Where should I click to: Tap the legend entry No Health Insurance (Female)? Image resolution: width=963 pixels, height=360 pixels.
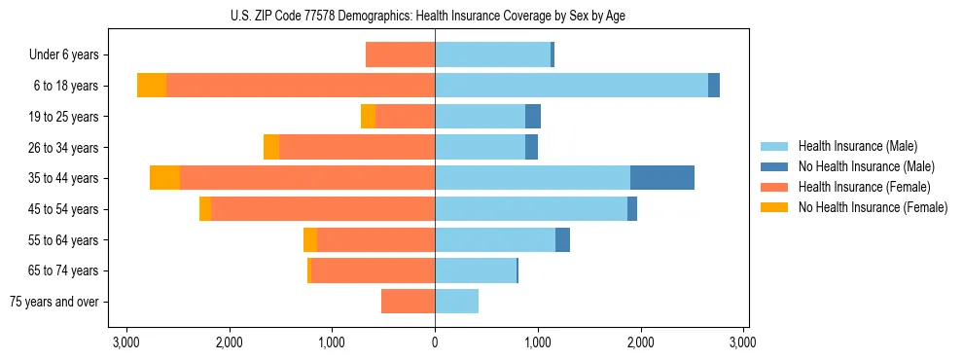coord(873,207)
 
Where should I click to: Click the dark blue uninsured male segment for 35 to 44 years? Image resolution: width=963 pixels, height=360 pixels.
coord(662,178)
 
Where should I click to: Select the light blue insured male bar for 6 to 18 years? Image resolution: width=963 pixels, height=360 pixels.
coord(571,86)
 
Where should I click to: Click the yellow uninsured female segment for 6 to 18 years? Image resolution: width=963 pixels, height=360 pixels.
coord(152,86)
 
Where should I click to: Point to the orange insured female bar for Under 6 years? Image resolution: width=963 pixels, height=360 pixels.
coord(400,54)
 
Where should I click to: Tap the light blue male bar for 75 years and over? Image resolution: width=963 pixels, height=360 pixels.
coord(456,302)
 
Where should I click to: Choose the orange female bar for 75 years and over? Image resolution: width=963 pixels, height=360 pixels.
coord(408,302)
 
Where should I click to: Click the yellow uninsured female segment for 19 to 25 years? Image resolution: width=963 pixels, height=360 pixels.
coord(368,117)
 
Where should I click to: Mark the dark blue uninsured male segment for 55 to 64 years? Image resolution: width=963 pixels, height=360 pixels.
coord(562,239)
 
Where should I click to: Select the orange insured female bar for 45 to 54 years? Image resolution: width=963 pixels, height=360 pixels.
coord(323,209)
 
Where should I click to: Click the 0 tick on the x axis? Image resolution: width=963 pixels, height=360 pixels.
coord(435,342)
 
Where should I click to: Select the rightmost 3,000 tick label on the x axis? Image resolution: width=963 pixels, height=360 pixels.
coord(743,342)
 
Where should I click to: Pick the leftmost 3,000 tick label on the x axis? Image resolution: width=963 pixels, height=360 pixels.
coord(126,342)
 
